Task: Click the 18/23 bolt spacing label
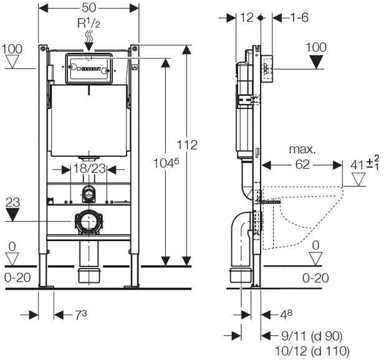coord(88,168)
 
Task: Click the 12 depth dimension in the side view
coord(246,18)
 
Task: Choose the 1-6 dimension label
coord(299,18)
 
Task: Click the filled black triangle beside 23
coord(12,214)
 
